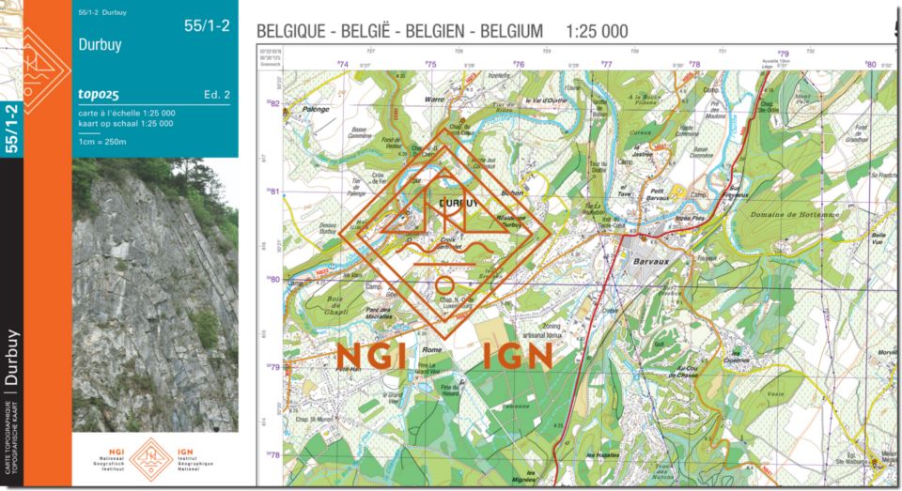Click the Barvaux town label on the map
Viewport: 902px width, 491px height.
[x=649, y=264]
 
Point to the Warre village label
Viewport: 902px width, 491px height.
[x=433, y=99]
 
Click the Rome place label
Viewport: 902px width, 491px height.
[x=432, y=349]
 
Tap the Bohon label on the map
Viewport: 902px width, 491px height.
[x=512, y=192]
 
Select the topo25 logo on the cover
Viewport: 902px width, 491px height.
[x=99, y=94]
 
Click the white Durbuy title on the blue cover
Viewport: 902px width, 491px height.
[x=100, y=44]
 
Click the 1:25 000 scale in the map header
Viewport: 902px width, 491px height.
[x=597, y=31]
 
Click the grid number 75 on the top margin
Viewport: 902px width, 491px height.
[x=430, y=65]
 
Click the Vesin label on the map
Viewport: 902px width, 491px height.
[x=775, y=395]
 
